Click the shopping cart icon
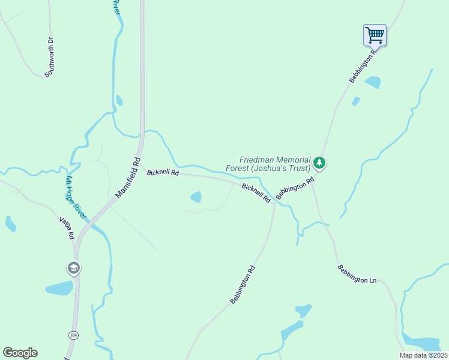point(375,35)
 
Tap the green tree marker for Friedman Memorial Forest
point(320,162)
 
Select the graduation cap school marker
point(74,268)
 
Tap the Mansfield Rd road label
point(128,178)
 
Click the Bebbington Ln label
point(357,274)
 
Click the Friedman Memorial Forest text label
point(275,164)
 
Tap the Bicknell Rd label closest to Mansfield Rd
point(163,173)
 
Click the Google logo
point(20,353)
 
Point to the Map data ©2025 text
point(423,355)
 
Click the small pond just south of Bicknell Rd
point(196,196)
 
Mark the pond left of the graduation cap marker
point(59,289)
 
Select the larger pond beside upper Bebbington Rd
point(372,82)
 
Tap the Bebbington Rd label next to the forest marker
point(295,188)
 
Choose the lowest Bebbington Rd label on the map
point(243,285)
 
